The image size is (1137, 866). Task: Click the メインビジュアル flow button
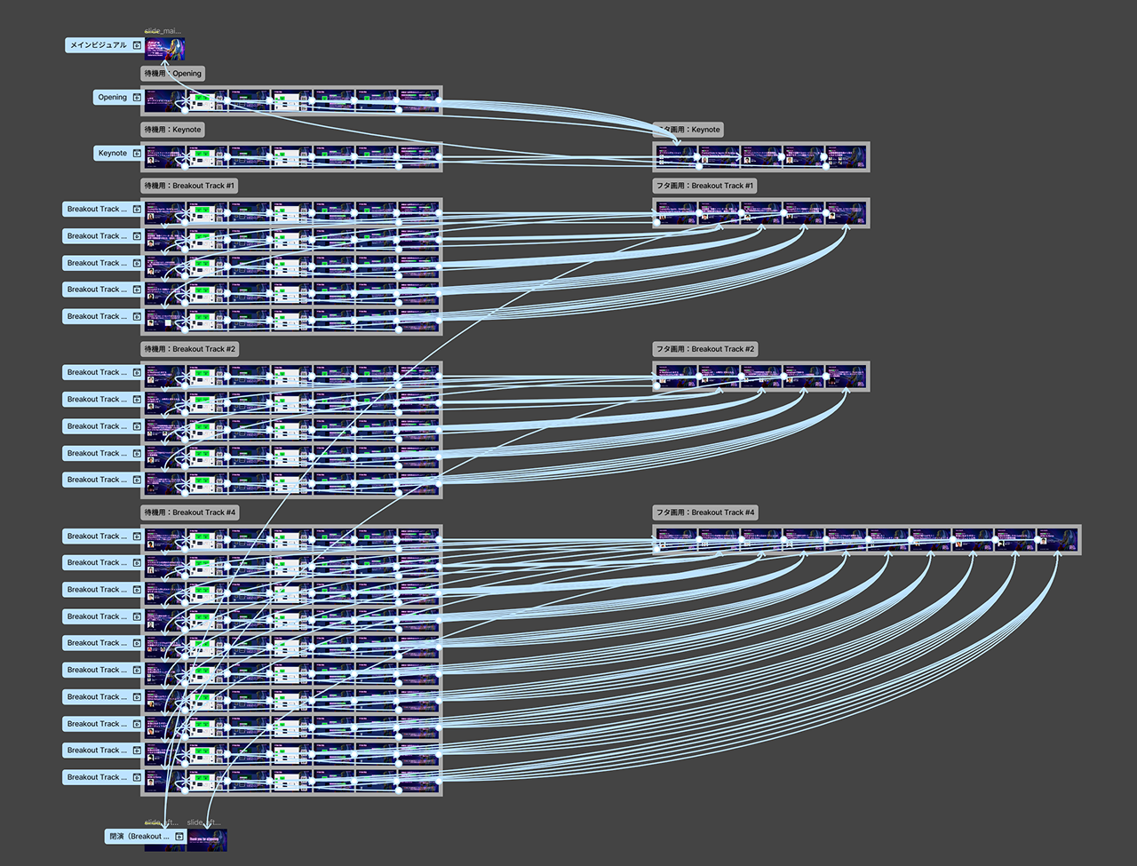98,45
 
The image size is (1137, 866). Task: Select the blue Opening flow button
112,98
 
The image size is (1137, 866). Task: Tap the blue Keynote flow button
112,154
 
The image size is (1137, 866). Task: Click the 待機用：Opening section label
173,74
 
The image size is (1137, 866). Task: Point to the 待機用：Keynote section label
173,130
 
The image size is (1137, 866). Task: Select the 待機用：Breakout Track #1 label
189,186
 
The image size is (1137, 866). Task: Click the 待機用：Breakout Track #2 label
189,349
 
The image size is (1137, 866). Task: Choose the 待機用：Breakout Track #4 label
189,512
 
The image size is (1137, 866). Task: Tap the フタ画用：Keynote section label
688,130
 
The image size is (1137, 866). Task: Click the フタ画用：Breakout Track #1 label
704,186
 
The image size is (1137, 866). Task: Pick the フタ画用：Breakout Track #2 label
704,349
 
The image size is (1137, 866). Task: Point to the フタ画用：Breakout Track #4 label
704,512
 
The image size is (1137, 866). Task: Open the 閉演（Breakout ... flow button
139,837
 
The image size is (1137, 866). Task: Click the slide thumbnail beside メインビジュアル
165,49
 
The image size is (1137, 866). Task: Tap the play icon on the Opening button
137,98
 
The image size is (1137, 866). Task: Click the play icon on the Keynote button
137,154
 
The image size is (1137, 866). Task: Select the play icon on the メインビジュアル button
137,45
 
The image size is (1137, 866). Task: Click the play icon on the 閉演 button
179,837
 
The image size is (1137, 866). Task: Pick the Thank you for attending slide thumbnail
207,840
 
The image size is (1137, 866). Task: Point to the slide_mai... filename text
163,31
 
